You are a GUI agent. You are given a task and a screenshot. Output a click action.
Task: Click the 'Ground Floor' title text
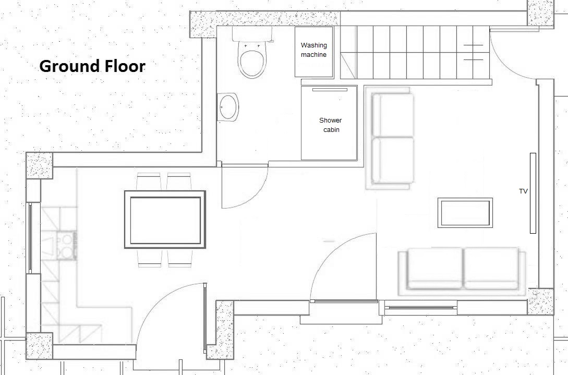92,66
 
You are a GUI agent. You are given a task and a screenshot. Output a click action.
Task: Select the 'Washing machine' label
313,50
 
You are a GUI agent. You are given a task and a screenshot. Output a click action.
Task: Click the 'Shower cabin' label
330,125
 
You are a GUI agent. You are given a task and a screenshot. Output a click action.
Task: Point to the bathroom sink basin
228,107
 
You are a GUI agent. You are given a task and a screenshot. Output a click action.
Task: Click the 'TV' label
523,191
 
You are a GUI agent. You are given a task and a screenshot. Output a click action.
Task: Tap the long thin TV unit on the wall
533,193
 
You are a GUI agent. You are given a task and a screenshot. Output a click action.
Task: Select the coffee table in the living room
465,213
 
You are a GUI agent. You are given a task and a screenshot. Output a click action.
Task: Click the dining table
165,220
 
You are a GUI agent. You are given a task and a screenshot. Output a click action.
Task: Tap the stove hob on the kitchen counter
66,246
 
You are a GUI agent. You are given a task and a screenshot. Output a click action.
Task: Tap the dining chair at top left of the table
149,182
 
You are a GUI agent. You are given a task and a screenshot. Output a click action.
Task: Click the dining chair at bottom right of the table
179,258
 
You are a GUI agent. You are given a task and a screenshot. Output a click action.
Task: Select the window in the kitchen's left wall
30,238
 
